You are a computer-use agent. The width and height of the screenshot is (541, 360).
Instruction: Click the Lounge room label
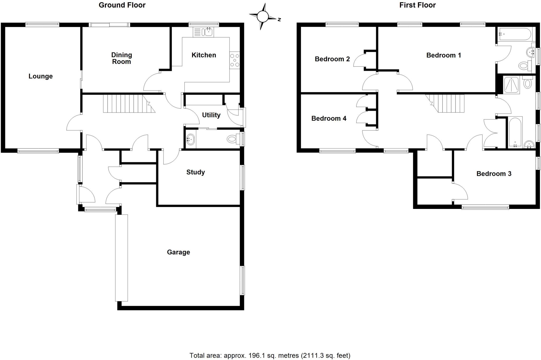click(x=40, y=76)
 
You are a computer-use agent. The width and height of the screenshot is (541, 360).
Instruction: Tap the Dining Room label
click(x=122, y=58)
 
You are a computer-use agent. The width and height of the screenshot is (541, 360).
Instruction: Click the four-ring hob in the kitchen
click(x=235, y=60)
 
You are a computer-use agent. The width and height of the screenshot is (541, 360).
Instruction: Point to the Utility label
click(x=211, y=115)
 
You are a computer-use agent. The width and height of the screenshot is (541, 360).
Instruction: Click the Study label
click(x=195, y=172)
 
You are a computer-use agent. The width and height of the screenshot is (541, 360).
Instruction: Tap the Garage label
click(x=178, y=252)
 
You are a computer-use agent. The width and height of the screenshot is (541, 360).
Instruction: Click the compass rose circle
click(x=263, y=17)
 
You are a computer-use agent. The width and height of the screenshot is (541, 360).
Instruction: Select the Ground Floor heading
click(x=122, y=5)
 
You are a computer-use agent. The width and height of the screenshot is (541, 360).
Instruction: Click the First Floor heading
click(x=417, y=5)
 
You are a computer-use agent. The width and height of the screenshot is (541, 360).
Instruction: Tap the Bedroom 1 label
click(x=444, y=55)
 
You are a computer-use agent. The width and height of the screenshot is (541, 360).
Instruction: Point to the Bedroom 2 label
click(x=332, y=59)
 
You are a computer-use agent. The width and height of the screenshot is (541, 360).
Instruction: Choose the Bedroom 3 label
click(x=494, y=174)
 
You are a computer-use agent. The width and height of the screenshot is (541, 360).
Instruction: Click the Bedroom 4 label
click(x=329, y=118)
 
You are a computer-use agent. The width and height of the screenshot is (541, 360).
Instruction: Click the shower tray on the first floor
click(x=512, y=85)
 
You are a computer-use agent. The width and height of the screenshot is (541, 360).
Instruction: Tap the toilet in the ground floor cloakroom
click(x=232, y=139)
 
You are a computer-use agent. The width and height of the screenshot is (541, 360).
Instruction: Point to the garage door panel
click(x=122, y=258)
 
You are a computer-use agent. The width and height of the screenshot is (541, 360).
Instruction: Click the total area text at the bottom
click(x=270, y=356)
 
